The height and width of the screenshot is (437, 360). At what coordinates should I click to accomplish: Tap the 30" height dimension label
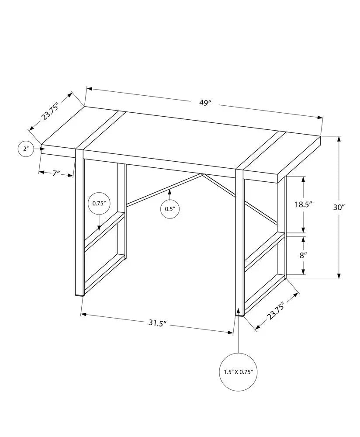click(x=339, y=208)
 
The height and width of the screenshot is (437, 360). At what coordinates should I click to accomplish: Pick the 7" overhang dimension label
click(x=56, y=173)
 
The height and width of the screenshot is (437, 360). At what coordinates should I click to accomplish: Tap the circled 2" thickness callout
click(x=26, y=149)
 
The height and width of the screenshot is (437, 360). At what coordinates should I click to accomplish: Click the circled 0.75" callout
click(x=99, y=203)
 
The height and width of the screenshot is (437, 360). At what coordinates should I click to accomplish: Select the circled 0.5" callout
click(x=170, y=209)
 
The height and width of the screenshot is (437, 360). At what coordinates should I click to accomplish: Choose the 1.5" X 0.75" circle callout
click(x=238, y=372)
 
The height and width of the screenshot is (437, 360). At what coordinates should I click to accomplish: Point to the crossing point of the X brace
click(x=203, y=175)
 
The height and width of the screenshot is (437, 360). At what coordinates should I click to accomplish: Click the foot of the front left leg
click(x=80, y=295)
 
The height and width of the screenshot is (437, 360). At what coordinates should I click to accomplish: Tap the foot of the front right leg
click(x=239, y=313)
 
